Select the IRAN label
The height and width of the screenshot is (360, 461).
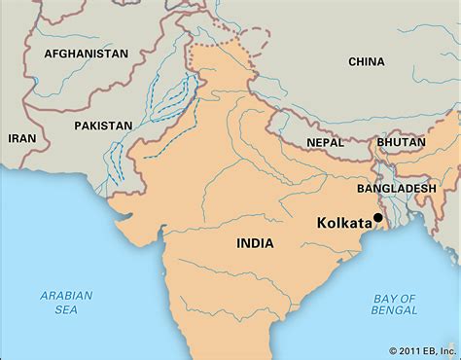(22, 139)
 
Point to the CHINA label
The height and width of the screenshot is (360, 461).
(366, 61)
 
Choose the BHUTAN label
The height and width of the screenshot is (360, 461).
(402, 142)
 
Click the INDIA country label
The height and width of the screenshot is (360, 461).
(254, 244)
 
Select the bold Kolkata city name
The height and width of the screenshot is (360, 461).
(344, 222)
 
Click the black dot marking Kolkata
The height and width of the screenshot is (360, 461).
(378, 218)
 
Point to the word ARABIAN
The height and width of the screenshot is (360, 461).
(65, 295)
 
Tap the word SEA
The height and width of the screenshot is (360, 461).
(65, 310)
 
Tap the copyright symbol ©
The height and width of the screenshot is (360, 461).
(393, 350)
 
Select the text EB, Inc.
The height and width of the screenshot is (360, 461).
(441, 350)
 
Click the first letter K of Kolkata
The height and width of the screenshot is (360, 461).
(322, 222)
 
